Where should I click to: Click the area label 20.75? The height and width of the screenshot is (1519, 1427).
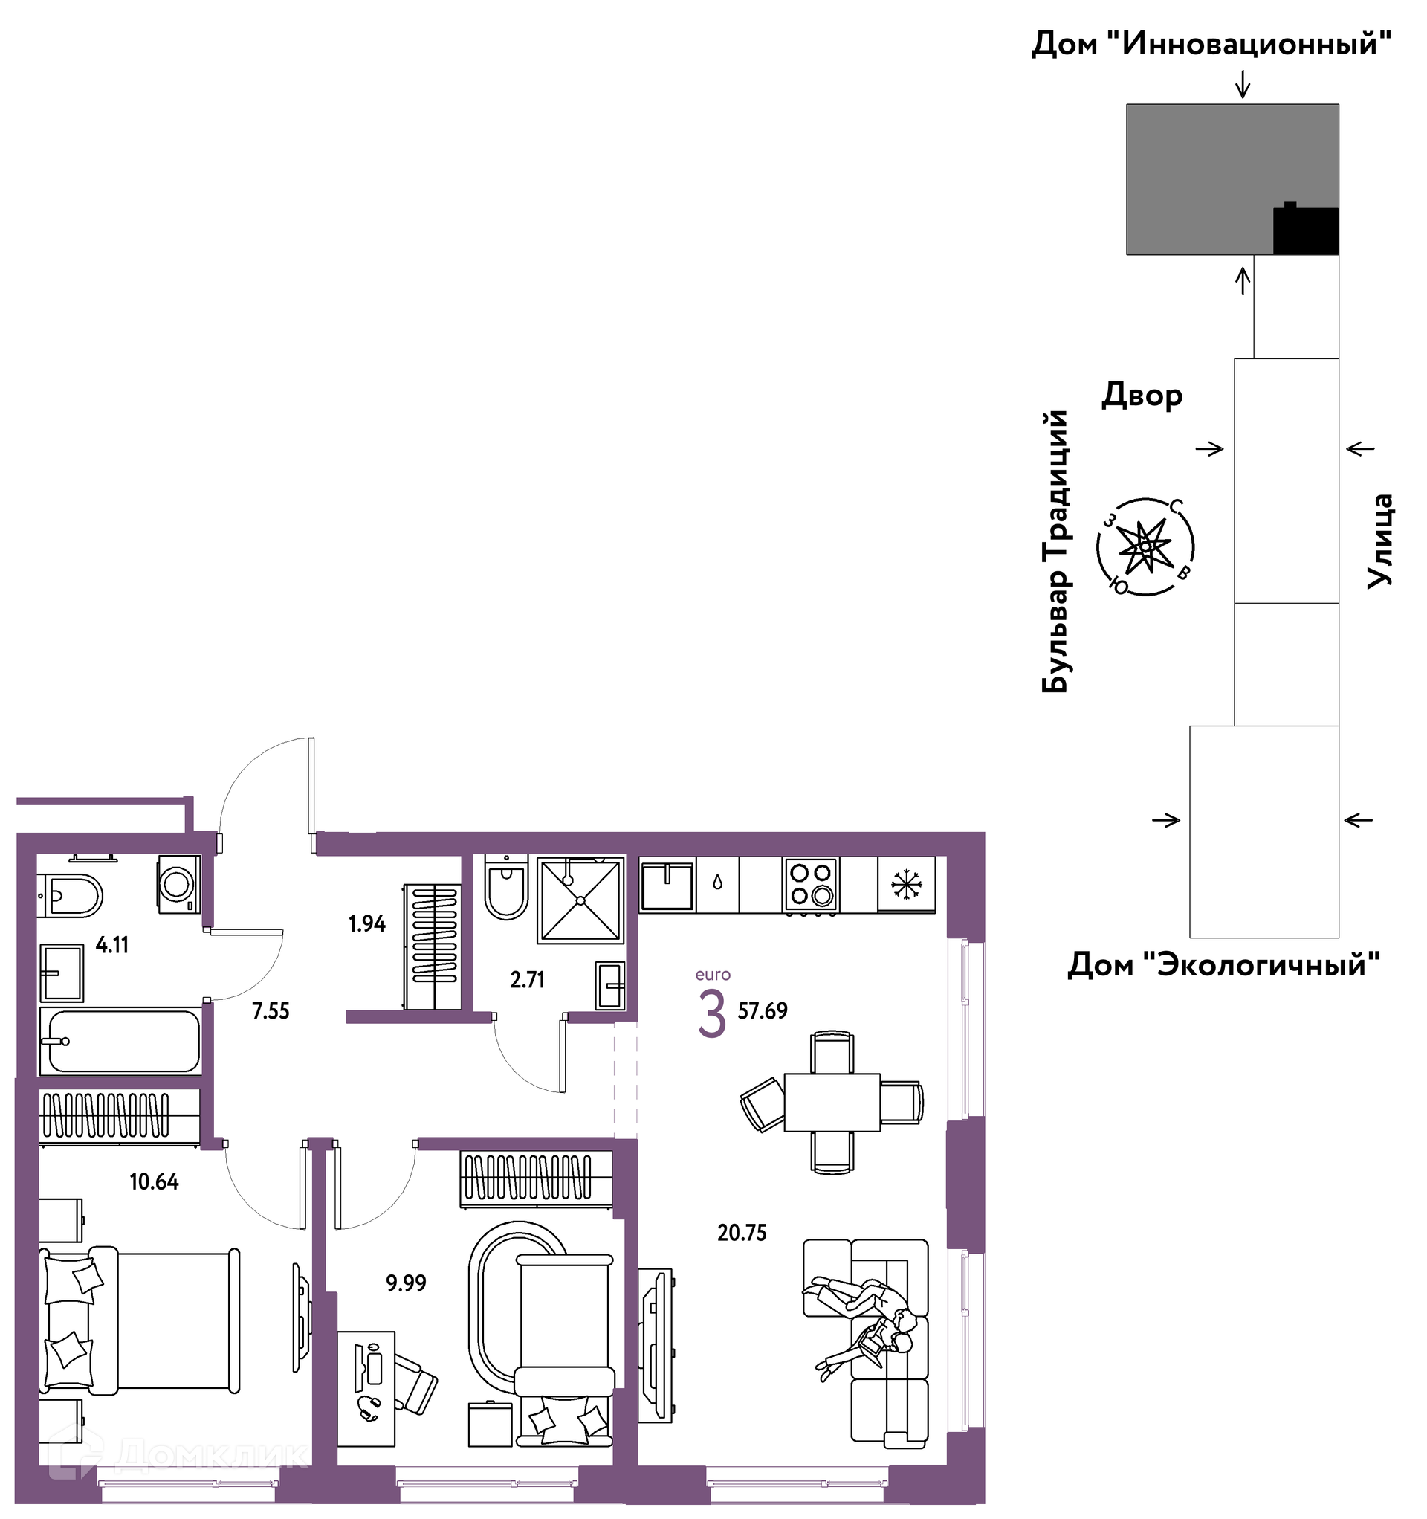[742, 1233]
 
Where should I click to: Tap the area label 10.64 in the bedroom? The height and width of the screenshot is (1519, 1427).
[155, 1182]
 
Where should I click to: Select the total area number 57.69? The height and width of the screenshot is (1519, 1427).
[763, 1011]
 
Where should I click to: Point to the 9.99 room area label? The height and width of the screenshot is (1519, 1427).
[407, 1283]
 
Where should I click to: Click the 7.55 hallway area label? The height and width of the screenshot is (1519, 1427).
[271, 1012]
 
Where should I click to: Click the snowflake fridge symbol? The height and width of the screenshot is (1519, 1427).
[907, 885]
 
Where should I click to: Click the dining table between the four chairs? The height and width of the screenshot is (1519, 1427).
[832, 1103]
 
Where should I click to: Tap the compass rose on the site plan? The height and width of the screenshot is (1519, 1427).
[1145, 547]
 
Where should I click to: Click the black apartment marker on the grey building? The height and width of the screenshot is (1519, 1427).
[1306, 228]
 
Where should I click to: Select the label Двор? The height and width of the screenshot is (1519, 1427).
[1142, 396]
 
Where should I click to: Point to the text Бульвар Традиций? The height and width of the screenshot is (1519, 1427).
[1055, 551]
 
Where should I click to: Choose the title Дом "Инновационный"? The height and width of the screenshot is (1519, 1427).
[1211, 45]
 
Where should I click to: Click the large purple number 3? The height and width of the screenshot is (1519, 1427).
[712, 1014]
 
